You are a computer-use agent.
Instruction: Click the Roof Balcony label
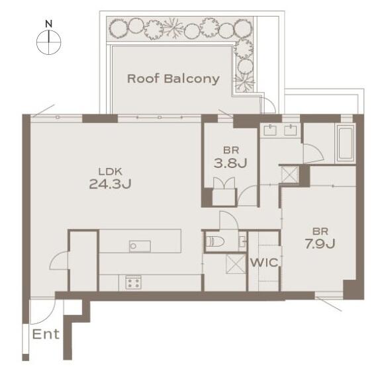pyautogui.click(x=173, y=79)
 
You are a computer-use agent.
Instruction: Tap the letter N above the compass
pyautogui.click(x=49, y=24)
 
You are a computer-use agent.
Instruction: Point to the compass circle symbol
pyautogui.click(x=49, y=42)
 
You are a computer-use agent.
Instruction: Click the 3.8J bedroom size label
pyautogui.click(x=230, y=163)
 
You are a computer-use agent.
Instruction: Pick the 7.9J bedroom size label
pyautogui.click(x=320, y=243)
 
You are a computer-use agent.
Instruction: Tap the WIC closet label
pyautogui.click(x=264, y=263)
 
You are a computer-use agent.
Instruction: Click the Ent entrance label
pyautogui.click(x=46, y=334)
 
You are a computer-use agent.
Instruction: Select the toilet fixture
pyautogui.click(x=215, y=241)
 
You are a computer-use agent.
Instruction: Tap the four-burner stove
pyautogui.click(x=133, y=282)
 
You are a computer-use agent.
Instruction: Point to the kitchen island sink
pyautogui.click(x=140, y=246)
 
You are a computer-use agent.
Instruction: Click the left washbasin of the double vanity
pyautogui.click(x=270, y=130)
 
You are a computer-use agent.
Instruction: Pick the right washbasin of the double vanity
pyautogui.click(x=291, y=130)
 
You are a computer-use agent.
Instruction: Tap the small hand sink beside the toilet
pyautogui.click(x=242, y=241)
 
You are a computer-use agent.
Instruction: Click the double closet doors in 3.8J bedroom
pyautogui.click(x=224, y=183)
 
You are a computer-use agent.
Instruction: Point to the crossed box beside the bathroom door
pyautogui.click(x=290, y=175)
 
